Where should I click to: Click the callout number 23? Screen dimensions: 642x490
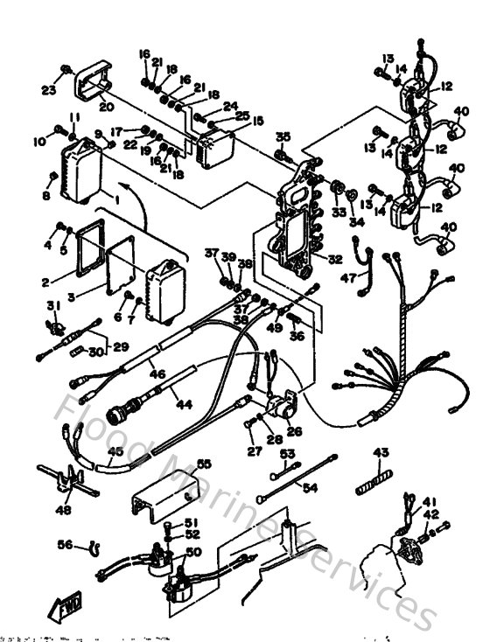[49, 89]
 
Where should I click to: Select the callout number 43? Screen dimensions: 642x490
[380, 453]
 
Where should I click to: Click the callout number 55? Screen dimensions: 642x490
[203, 464]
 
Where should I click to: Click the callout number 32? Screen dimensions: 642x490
[333, 259]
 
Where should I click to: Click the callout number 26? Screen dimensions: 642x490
[293, 430]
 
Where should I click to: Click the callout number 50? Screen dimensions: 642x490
[193, 552]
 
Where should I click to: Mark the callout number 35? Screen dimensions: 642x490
[282, 136]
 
